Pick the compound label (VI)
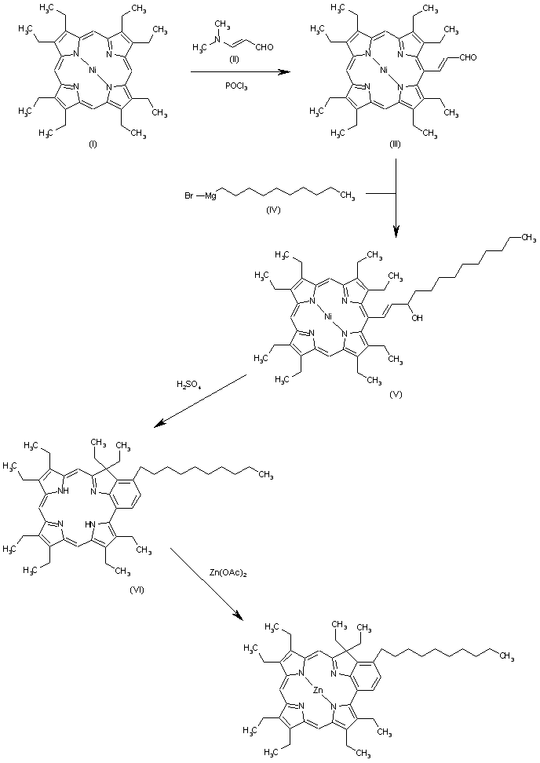pos(92,587)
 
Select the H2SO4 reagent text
pos(192,385)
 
